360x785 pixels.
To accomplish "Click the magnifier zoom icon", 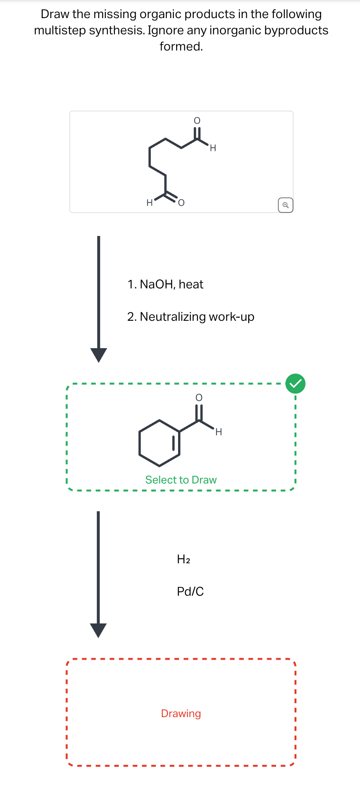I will [x=285, y=205].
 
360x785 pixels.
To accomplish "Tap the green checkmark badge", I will [x=295, y=384].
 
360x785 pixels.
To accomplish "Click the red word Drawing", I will [x=181, y=713].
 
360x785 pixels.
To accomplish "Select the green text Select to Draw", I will [x=181, y=480].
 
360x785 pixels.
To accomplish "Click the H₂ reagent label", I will [x=183, y=559].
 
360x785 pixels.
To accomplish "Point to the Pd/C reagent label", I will [x=190, y=591].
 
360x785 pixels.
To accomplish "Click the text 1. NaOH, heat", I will [x=165, y=284].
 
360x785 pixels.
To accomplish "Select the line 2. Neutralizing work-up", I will [x=190, y=317].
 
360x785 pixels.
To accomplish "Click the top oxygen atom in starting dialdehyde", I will [x=197, y=121].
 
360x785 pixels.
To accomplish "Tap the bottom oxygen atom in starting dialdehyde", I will [x=181, y=203].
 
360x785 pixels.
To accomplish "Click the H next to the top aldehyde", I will [x=213, y=148].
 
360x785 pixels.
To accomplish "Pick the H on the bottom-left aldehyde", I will [x=150, y=203].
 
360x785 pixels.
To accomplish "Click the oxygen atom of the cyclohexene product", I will [x=199, y=398].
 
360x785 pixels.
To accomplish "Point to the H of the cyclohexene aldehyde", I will [x=219, y=432].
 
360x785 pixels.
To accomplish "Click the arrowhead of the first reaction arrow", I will [x=99, y=355].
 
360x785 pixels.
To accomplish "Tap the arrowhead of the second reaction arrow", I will [x=98, y=630].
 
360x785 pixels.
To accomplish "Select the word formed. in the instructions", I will [x=181, y=46].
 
